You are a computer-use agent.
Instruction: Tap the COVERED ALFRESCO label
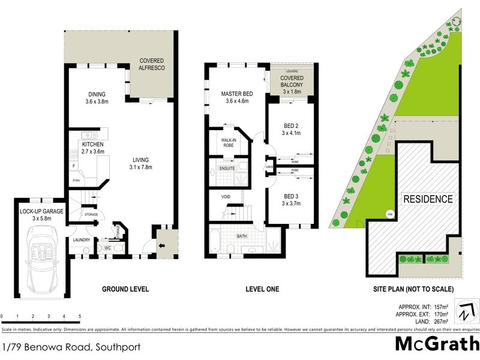152,64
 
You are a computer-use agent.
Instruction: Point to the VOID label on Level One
226,196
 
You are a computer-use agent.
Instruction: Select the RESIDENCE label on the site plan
427,199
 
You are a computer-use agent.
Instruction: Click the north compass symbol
466,312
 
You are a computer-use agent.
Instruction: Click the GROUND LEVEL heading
125,289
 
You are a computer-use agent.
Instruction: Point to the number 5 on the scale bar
80,316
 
